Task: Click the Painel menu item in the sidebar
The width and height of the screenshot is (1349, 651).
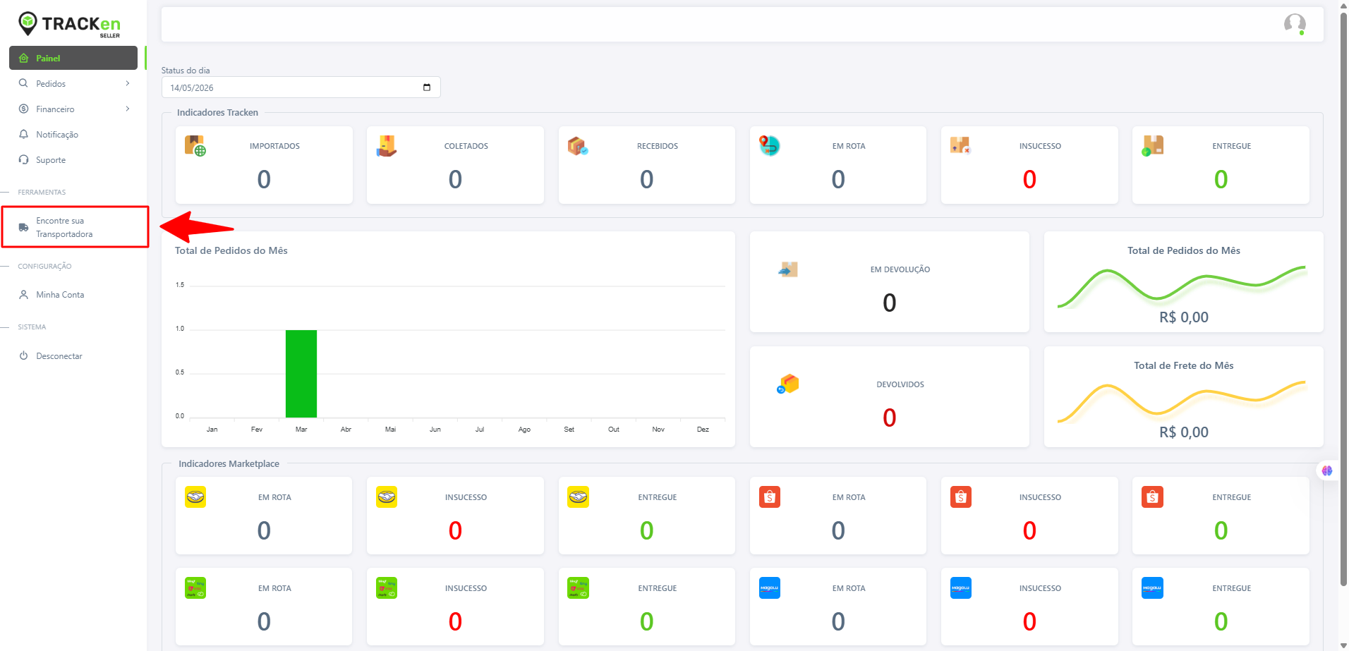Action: click(73, 58)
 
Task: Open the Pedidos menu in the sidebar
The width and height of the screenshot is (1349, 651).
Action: click(51, 83)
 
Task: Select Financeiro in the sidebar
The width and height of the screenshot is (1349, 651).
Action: click(55, 109)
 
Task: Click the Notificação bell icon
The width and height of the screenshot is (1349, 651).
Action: click(23, 134)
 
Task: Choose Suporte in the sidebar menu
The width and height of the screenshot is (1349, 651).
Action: click(51, 160)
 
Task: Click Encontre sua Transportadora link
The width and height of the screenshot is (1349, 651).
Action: click(64, 227)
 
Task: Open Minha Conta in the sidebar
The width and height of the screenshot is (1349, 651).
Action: click(60, 295)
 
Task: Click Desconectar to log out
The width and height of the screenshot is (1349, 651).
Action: click(59, 356)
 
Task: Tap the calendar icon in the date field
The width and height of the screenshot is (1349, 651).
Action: click(427, 87)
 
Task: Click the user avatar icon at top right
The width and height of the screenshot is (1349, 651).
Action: click(1295, 24)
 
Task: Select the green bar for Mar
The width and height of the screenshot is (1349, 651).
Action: click(301, 374)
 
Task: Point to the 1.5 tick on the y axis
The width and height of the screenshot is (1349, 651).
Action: click(180, 285)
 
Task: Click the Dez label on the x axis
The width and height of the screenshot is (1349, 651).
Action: click(703, 429)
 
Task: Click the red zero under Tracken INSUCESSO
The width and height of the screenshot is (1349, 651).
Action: click(1029, 179)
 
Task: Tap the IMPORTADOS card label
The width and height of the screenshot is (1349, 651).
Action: click(274, 146)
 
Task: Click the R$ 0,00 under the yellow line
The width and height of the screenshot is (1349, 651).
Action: click(1184, 432)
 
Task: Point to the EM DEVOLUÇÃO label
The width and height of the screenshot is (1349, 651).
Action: click(900, 269)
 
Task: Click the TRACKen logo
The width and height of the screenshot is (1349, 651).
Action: click(69, 24)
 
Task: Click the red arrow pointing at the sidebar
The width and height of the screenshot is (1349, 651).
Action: click(197, 227)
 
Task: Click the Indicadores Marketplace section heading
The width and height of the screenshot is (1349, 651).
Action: click(229, 463)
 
